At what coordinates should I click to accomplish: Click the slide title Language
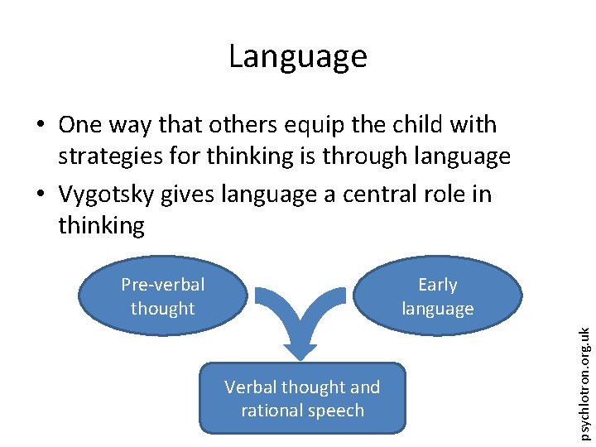click(x=297, y=56)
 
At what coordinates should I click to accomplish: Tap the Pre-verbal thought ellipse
click(x=163, y=296)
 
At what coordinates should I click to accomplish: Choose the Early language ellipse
click(x=438, y=296)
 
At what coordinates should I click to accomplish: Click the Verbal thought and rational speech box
click(x=302, y=398)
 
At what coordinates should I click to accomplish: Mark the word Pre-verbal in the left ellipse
click(x=163, y=285)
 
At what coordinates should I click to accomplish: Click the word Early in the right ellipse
click(x=438, y=285)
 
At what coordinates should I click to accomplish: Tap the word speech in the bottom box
click(x=336, y=411)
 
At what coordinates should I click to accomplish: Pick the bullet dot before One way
click(x=40, y=126)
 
